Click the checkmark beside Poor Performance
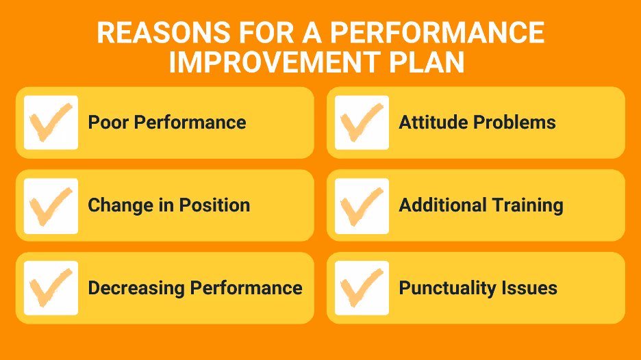click(51, 123)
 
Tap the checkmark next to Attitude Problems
click(362, 123)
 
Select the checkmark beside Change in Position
click(51, 205)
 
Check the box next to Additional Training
click(362, 205)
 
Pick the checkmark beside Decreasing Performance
click(51, 288)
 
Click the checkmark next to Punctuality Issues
click(362, 288)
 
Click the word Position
click(214, 205)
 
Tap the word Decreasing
click(136, 288)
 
